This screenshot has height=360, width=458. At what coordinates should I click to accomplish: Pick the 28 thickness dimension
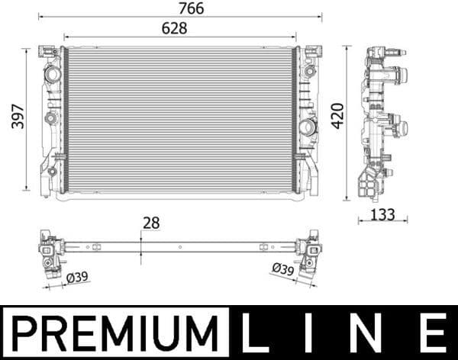[x=150, y=223]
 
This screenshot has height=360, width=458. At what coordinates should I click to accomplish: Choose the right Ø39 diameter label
[x=282, y=268]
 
